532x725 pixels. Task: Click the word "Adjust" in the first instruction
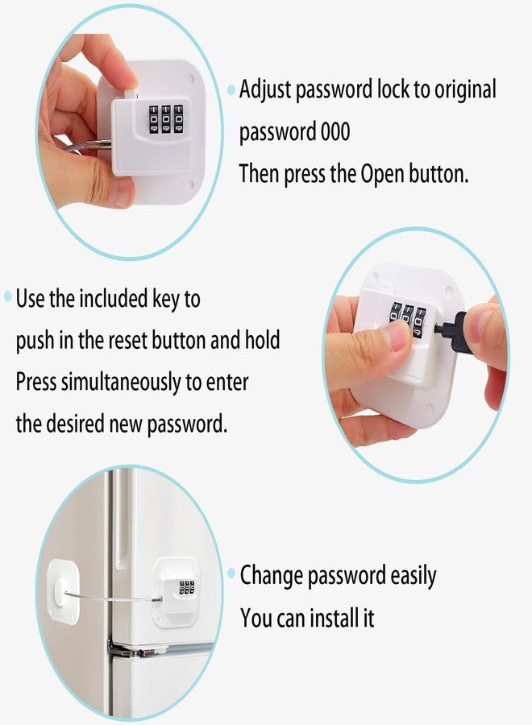coord(265,90)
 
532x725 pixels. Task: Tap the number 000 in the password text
coord(335,131)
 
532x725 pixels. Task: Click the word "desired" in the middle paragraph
coord(76,423)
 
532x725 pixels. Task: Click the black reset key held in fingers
coord(453,332)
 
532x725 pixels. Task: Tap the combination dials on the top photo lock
coord(165,119)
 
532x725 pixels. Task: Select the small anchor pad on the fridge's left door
coord(64,591)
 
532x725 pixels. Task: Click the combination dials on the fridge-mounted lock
coord(187,587)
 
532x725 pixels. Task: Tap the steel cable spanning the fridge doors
coord(112,596)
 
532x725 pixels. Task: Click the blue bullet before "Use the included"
coord(8,296)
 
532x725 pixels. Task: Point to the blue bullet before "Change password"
coord(231,574)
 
